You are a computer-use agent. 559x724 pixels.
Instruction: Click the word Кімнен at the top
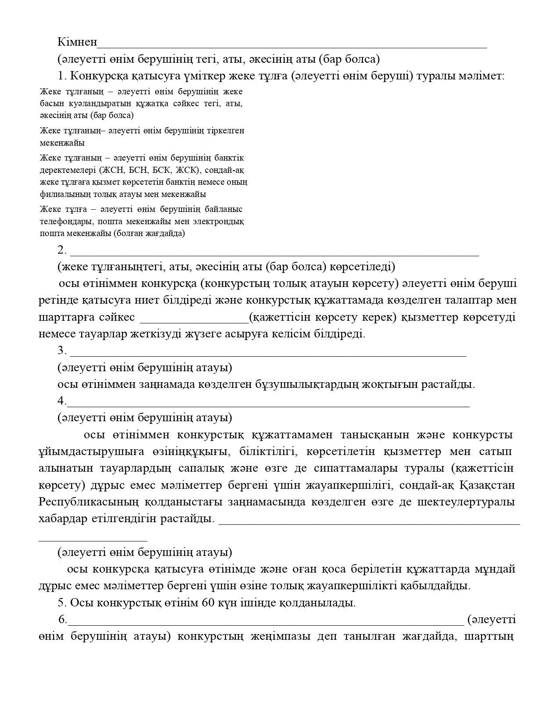[77, 42]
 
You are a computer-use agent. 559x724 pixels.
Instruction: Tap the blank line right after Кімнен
[292, 45]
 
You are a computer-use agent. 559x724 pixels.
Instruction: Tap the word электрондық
[221, 221]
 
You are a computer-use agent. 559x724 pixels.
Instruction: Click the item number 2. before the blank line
[62, 250]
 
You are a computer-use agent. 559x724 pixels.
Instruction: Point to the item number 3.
[62, 351]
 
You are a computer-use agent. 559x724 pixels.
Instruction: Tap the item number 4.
[62, 401]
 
